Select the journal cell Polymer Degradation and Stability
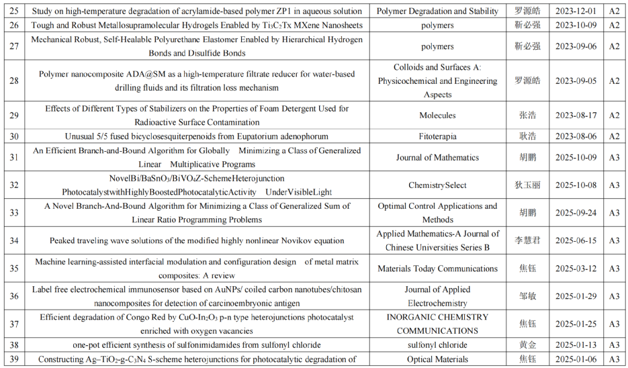click(x=437, y=11)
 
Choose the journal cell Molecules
click(x=437, y=116)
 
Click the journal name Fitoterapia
click(x=437, y=136)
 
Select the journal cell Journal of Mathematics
click(x=437, y=157)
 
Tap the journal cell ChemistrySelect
click(x=437, y=185)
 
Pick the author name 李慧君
click(x=527, y=240)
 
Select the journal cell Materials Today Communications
click(x=437, y=269)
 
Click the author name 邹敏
click(x=527, y=296)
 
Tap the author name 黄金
click(x=527, y=345)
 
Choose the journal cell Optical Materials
click(x=437, y=359)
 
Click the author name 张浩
click(x=527, y=116)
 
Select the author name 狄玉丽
click(x=527, y=185)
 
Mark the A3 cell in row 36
click(x=613, y=296)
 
